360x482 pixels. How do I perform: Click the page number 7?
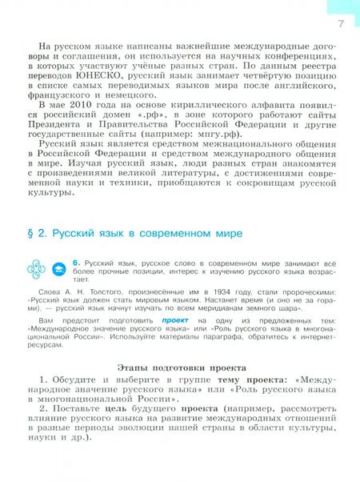click(x=341, y=24)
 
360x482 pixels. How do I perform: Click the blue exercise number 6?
click(x=75, y=262)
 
